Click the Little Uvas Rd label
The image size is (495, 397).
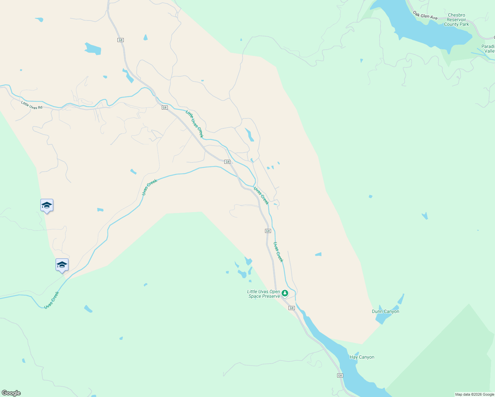(32, 105)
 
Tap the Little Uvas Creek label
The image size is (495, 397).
(195, 124)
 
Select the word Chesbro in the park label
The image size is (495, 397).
(456, 15)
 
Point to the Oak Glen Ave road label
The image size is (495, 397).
(425, 15)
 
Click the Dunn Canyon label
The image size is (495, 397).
(385, 311)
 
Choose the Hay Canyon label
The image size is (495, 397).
(362, 357)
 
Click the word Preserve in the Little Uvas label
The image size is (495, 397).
(272, 296)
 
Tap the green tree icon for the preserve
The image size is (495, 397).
(285, 293)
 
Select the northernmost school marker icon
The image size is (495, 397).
(47, 205)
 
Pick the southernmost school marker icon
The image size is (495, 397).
(62, 265)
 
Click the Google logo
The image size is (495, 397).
(11, 393)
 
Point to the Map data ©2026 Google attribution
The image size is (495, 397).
(474, 394)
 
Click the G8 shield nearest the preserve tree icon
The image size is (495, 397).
(292, 308)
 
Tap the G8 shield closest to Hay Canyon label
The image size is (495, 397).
(340, 375)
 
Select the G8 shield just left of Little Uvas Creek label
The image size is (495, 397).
(165, 108)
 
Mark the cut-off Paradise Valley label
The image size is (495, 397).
(488, 49)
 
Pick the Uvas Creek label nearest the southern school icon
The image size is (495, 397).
(52, 300)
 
